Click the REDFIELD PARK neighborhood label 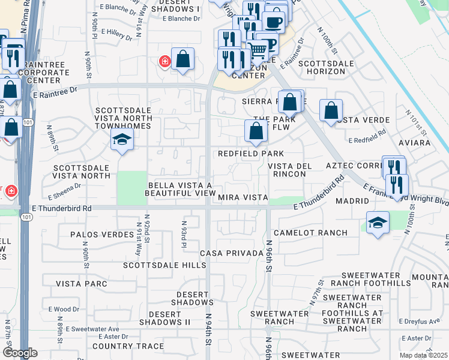click(251, 154)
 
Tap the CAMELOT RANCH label click(310, 233)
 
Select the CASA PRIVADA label click(232, 253)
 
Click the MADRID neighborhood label click(352, 201)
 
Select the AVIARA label click(415, 143)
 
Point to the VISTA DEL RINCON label click(286, 170)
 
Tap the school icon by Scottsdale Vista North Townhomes click(122, 140)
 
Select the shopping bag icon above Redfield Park click(256, 131)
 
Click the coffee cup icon click(274, 23)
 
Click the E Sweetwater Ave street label click(92, 329)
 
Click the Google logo click(20, 353)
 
